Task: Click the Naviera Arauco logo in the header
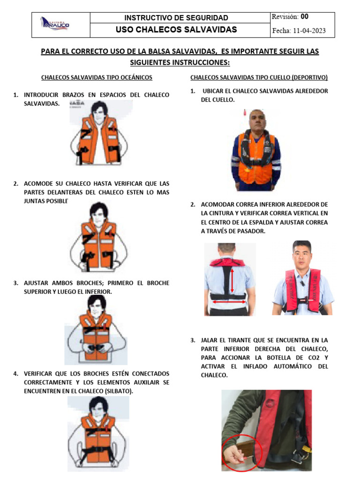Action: [x=56, y=23]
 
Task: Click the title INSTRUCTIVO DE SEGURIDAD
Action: [x=176, y=18]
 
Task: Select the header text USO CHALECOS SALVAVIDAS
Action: [x=176, y=30]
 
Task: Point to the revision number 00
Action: [x=305, y=17]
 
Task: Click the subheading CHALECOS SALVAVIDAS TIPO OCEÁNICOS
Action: [x=97, y=77]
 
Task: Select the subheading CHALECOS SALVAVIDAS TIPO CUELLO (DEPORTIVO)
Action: [x=259, y=77]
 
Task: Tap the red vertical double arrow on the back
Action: [x=231, y=281]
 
